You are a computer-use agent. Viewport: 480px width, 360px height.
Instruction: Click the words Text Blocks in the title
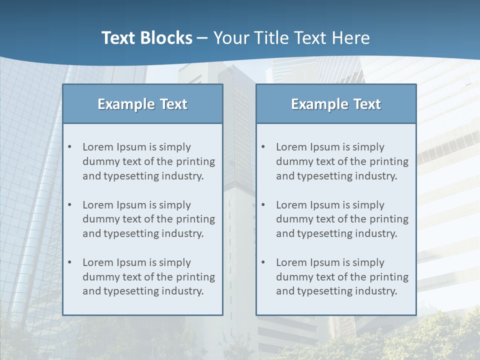[x=146, y=38]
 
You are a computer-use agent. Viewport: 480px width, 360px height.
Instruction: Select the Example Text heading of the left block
[x=142, y=104]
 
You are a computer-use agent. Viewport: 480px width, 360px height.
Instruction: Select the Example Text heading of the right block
[x=336, y=104]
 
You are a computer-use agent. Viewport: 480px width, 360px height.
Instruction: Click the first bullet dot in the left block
[x=69, y=147]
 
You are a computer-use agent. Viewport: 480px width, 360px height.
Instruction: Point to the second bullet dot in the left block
[x=69, y=205]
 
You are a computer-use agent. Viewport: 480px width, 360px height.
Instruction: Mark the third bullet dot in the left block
[x=69, y=262]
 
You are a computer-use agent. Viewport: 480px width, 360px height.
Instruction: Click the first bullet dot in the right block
[x=263, y=147]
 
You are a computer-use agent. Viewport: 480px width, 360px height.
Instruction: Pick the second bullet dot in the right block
[x=263, y=205]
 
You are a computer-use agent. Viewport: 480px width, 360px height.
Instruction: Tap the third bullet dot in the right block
[x=263, y=262]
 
